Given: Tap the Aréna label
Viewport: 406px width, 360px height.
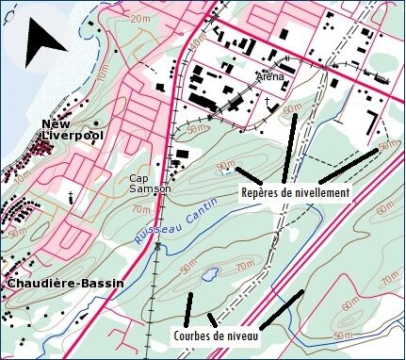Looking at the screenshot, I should pyautogui.click(x=268, y=76).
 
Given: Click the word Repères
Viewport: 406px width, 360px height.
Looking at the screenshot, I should pyautogui.click(x=260, y=192).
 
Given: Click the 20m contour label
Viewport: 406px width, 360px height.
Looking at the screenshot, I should pyautogui.click(x=140, y=18).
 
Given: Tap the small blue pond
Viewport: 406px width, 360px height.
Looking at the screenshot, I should pyautogui.click(x=210, y=275).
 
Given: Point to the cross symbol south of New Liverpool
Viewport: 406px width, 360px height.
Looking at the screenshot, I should pyautogui.click(x=71, y=196).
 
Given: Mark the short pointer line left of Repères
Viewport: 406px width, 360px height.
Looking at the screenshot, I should pyautogui.click(x=249, y=175).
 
